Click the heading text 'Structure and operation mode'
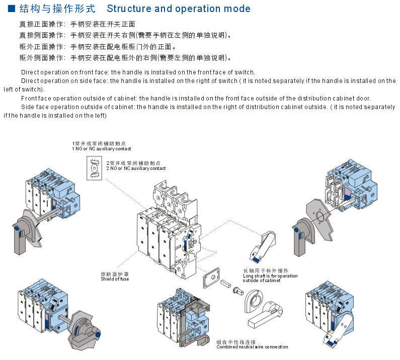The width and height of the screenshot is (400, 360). [179, 9]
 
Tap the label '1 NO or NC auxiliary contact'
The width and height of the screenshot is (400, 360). [101, 149]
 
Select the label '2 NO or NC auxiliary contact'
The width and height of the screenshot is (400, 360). [136, 168]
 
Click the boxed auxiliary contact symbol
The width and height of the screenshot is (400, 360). [94, 167]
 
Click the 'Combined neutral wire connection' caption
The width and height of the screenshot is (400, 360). [252, 347]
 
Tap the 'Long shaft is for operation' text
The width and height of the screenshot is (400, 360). [270, 276]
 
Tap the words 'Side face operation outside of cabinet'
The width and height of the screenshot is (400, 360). [78, 107]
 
